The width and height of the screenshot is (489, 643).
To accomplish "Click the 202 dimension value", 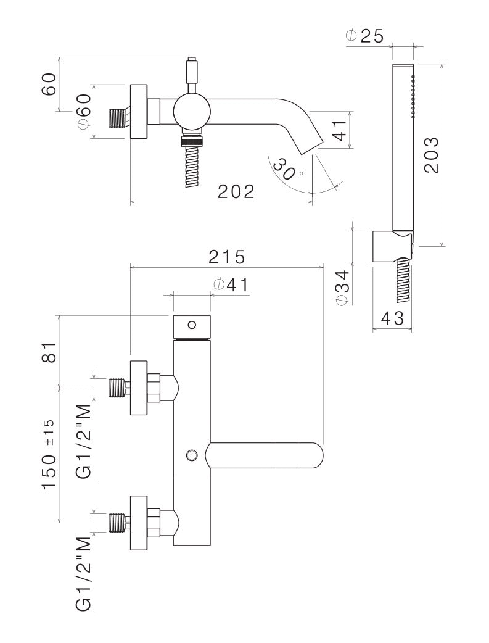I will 236,192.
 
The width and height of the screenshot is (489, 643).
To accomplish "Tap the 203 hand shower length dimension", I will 432,154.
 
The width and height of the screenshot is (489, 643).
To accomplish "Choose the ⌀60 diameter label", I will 83,112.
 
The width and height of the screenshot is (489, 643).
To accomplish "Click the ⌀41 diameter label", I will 231,284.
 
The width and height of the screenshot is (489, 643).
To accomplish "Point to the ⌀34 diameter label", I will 343,286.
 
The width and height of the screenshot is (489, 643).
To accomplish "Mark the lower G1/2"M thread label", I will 83,574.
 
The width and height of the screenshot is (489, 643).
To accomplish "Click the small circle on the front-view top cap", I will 192,325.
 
